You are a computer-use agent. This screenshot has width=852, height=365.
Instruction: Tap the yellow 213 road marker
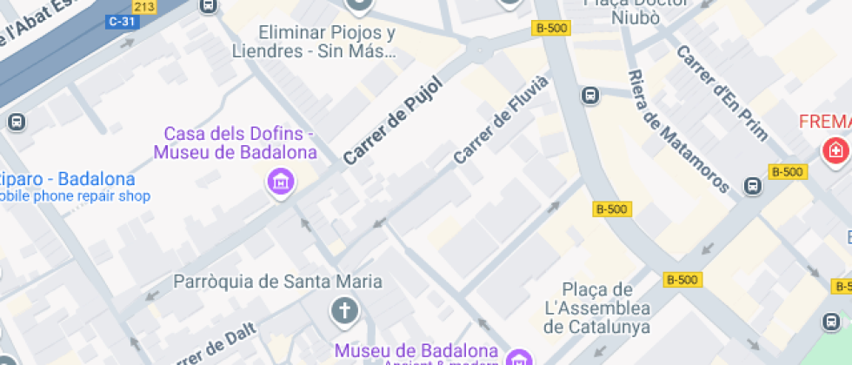pos(144,7)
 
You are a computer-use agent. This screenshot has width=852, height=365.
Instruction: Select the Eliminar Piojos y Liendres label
pos(326,42)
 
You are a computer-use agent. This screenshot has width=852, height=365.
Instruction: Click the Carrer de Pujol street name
pos(393,121)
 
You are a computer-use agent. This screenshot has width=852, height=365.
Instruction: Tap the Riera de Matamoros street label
pos(678,130)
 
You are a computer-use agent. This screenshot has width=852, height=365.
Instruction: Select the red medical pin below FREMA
pos(835,150)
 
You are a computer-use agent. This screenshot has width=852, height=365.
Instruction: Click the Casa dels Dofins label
pos(235,143)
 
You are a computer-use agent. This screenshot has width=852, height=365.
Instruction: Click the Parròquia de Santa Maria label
pos(278,282)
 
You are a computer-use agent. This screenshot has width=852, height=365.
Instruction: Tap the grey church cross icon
pos(344,310)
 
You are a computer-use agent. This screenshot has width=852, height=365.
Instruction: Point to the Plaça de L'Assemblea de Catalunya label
pos(597,308)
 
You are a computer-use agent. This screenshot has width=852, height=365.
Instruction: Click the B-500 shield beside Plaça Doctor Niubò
pos(550,28)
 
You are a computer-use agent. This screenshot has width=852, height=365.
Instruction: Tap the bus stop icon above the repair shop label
pos(17,122)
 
